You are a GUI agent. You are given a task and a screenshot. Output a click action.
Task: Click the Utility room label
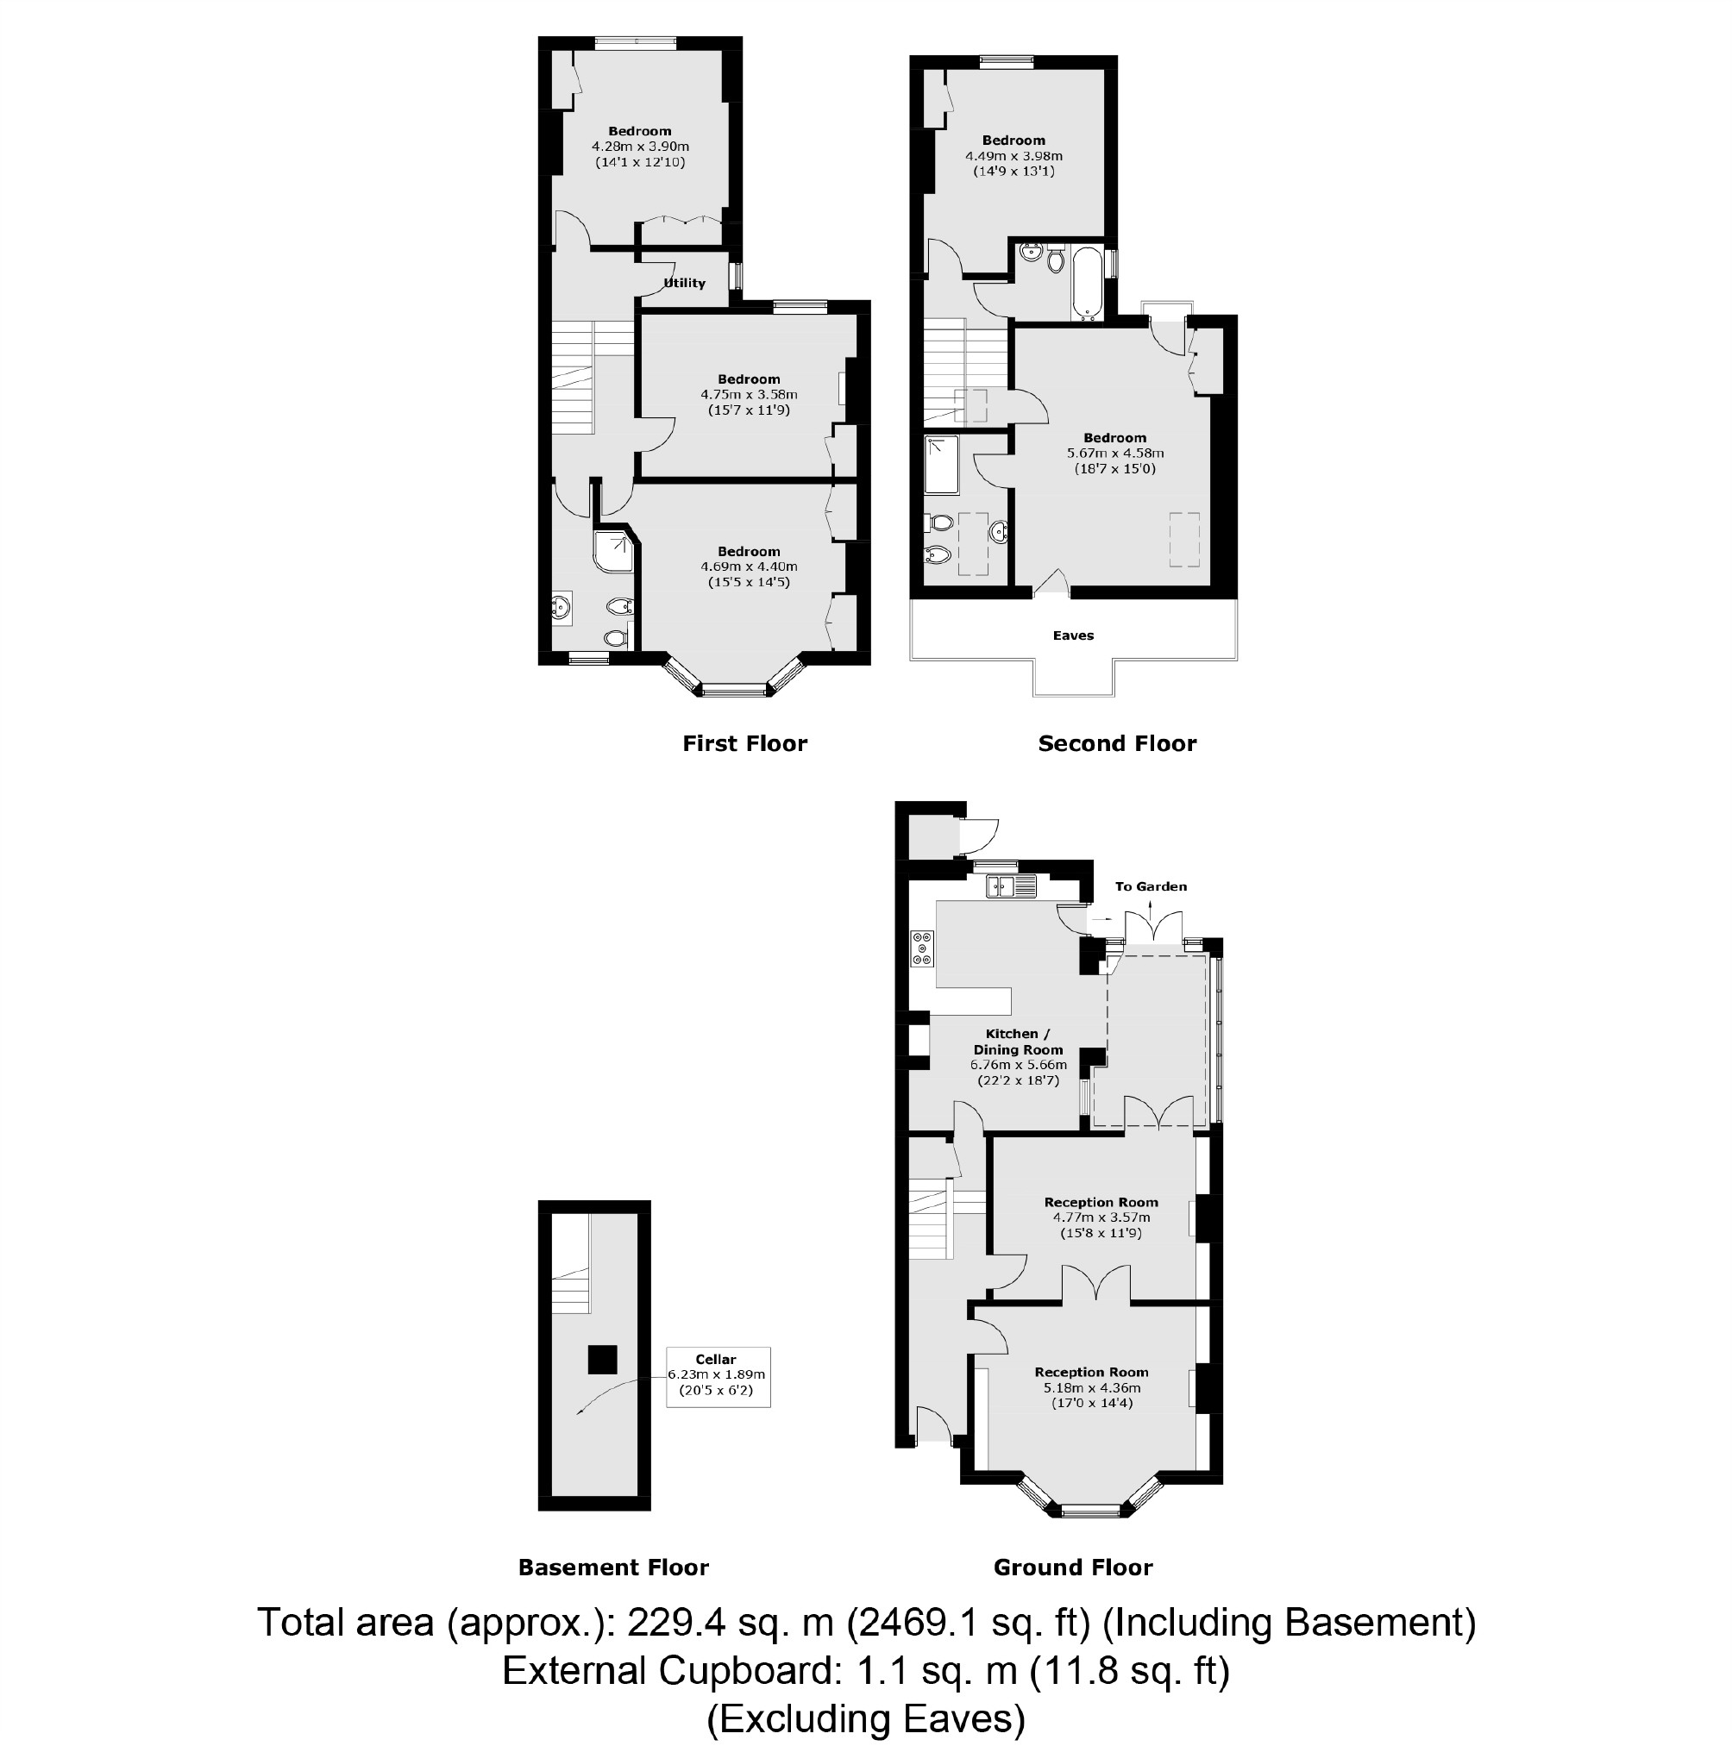(684, 283)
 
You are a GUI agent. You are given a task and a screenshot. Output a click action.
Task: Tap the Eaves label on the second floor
(1073, 635)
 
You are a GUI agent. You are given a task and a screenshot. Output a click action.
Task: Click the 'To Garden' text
(1151, 886)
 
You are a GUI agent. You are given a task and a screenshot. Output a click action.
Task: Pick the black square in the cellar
(602, 1359)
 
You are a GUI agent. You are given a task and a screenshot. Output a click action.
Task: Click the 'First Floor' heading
(745, 744)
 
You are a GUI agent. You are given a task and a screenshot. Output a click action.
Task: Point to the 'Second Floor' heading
(1117, 744)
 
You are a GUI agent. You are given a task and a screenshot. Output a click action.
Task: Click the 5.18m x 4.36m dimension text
(1092, 1388)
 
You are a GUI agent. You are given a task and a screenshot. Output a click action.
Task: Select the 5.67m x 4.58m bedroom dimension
(1115, 454)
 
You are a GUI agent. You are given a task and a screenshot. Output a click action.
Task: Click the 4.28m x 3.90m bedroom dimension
(640, 147)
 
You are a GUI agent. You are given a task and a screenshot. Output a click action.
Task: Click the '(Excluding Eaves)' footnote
(865, 1719)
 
